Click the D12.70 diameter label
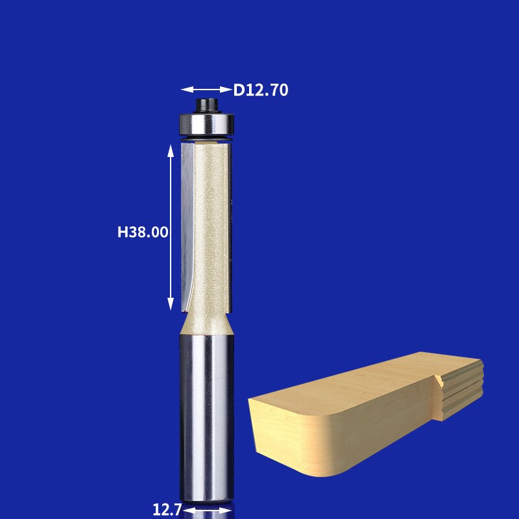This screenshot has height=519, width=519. point(261,90)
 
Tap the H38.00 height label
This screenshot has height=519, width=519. point(143,232)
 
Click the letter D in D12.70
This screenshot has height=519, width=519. point(239,90)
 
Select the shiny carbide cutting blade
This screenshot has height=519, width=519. point(187,221)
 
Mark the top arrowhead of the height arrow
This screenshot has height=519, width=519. point(171,150)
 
